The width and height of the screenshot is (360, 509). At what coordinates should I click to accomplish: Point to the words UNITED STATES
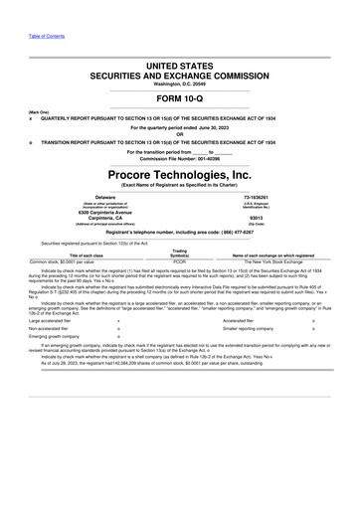click(x=179, y=66)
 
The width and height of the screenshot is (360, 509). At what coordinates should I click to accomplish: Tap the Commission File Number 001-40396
click(x=179, y=158)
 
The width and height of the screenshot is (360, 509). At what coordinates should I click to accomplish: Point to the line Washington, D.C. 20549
click(x=179, y=84)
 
